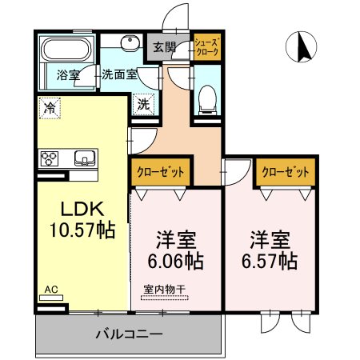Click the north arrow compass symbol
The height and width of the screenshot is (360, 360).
tap(302, 46)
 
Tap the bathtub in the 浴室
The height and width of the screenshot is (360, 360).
tap(67, 49)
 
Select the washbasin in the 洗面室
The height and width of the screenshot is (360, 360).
tap(130, 43)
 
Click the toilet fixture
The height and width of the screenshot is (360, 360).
tap(207, 100)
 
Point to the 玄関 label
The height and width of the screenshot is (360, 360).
tap(164, 47)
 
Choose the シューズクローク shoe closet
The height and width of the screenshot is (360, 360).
tap(207, 47)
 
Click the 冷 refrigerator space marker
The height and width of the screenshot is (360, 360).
tap(50, 108)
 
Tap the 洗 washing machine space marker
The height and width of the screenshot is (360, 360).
tap(143, 104)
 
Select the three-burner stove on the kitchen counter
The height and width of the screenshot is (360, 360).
tap(50, 158)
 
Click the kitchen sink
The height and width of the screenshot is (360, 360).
tap(85, 158)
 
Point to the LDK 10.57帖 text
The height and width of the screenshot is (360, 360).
tap(82, 219)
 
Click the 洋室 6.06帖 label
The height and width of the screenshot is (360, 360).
tap(176, 250)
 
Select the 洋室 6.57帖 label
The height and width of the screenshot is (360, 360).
tap(270, 250)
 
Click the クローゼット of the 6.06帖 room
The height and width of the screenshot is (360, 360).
tap(161, 172)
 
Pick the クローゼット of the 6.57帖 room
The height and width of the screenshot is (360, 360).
tap(286, 172)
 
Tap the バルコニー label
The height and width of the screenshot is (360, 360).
tap(129, 334)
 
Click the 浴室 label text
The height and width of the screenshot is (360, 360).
tap(68, 75)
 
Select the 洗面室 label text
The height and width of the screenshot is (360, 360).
tap(119, 74)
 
